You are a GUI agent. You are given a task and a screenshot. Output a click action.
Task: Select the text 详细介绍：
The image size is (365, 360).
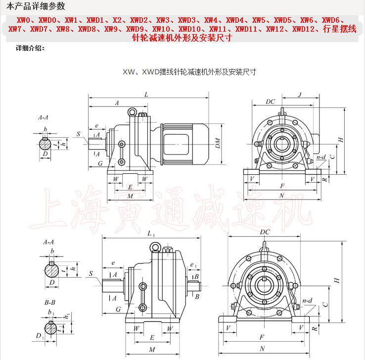click(x=31, y=49)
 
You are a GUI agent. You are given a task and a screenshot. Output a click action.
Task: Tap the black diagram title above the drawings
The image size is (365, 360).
click(x=189, y=72)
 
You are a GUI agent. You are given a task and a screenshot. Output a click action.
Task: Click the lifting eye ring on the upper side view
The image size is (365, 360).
click(x=132, y=112)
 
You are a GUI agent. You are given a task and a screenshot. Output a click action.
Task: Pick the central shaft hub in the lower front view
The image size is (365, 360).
click(x=263, y=283)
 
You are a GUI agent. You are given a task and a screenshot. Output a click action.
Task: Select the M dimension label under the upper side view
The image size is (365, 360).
click(x=130, y=196)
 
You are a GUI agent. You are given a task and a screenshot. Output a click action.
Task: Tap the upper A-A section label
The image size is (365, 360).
click(x=44, y=118)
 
